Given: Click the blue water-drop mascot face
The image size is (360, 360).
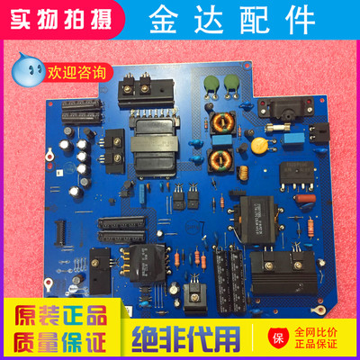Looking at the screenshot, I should pyautogui.click(x=23, y=68).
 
